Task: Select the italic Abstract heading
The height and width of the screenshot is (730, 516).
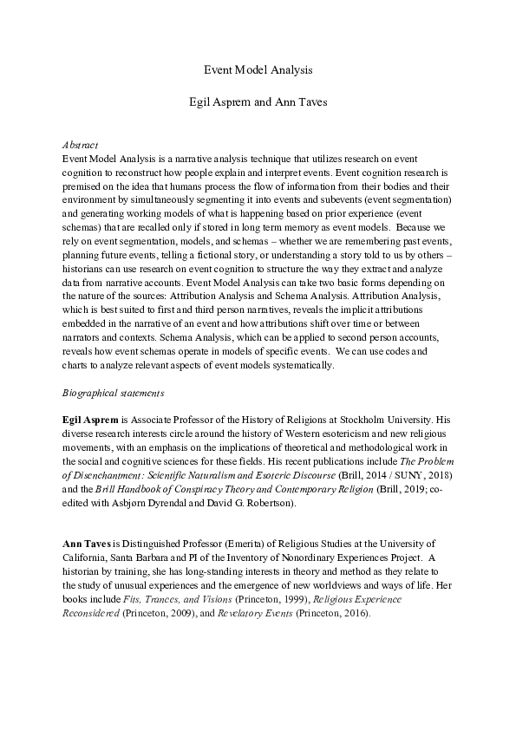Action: pos(81,145)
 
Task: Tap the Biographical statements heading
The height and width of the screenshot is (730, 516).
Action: pos(114,393)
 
